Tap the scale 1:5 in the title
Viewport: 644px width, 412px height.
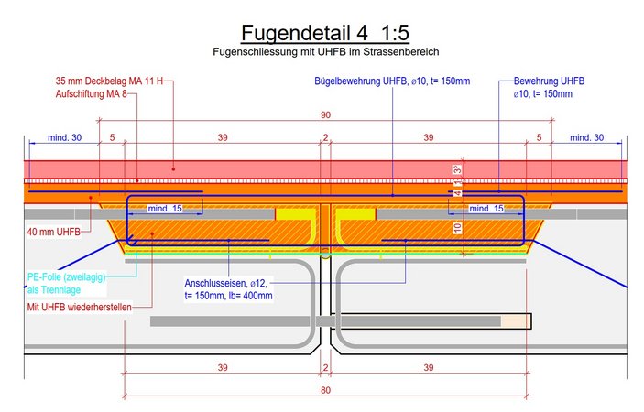[x=395, y=33]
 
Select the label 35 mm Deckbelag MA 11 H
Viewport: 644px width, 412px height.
[x=109, y=81]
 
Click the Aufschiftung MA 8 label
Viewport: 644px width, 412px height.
[x=92, y=94]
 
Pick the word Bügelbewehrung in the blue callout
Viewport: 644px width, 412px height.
[x=347, y=81]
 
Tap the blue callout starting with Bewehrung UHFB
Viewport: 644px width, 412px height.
[x=549, y=87]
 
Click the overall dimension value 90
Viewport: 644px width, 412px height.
[x=325, y=114]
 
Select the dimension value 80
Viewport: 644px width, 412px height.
[x=325, y=390]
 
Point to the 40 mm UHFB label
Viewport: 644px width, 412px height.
[x=54, y=232]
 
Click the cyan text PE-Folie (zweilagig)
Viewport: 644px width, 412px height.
[x=67, y=277]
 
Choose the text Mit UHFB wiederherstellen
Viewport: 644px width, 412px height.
[x=80, y=307]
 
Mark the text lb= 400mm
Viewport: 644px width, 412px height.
[x=251, y=296]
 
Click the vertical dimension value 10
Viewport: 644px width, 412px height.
[x=457, y=228]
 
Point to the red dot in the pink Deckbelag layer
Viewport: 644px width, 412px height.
[x=173, y=168]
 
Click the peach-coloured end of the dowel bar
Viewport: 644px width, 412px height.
[x=516, y=321]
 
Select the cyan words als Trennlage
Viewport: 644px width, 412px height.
[x=54, y=290]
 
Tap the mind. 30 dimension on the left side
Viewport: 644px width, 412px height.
[x=64, y=137]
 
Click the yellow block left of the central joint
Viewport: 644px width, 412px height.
[x=296, y=214]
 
